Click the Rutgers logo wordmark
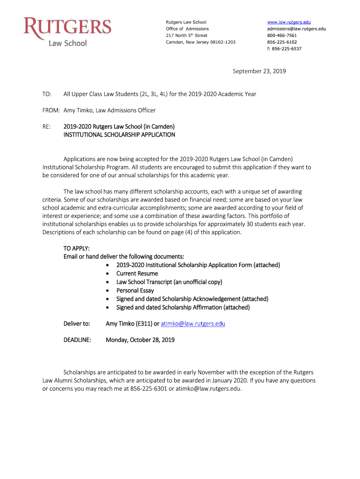coord(68,27)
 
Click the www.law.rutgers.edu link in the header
coord(288,22)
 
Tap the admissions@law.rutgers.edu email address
coord(296,29)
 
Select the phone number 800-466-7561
coord(281,36)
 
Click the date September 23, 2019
coord(259,72)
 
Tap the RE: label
coord(46,127)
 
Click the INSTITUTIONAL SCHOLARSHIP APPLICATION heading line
coord(119,135)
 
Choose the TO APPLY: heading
coord(76,248)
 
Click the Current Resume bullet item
coord(137,273)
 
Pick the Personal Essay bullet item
coord(135,290)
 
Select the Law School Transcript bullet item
coord(169,282)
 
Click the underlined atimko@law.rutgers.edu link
coord(193,324)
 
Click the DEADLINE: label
coord(77,340)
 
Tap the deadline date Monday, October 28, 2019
coord(140,340)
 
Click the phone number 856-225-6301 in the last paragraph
coord(149,389)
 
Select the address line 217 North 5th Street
coord(187,36)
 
